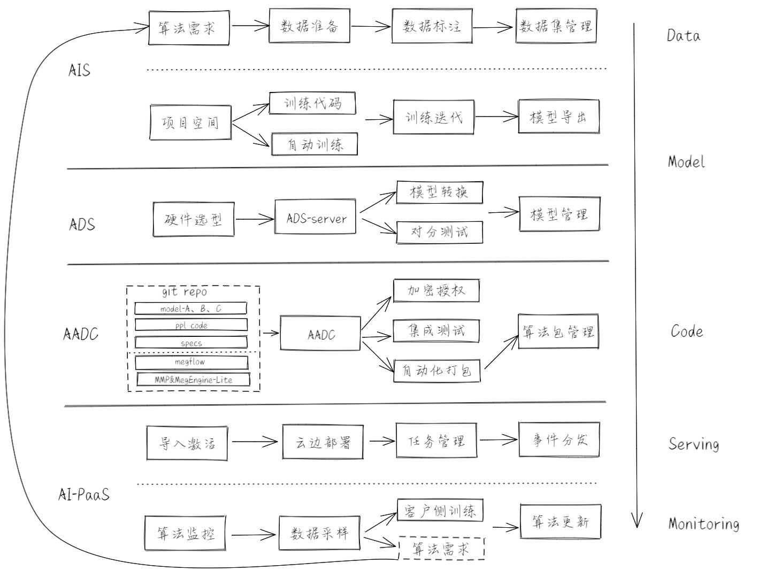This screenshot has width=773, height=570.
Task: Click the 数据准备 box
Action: [x=309, y=26]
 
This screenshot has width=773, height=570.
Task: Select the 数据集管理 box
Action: [x=556, y=26]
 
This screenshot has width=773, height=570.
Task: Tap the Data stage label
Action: [x=683, y=36]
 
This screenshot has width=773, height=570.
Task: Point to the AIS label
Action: [x=79, y=70]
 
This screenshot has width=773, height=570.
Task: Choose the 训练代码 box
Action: [x=312, y=103]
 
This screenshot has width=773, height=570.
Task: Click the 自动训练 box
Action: [x=315, y=144]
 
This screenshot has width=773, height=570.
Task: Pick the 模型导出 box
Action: [x=558, y=117]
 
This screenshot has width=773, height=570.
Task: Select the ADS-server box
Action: [x=316, y=218]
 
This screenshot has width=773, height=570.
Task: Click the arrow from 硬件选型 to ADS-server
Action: [x=254, y=219]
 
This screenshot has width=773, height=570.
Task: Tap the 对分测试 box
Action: [x=439, y=232]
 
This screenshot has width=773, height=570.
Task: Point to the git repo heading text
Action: [x=185, y=292]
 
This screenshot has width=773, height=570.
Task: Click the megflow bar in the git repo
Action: [x=191, y=363]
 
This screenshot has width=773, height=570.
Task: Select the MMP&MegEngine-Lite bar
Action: [x=193, y=380]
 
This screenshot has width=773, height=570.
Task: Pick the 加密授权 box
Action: [x=436, y=290]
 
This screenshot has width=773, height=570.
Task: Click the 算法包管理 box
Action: [x=558, y=332]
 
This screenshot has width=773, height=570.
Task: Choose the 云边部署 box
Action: [x=323, y=442]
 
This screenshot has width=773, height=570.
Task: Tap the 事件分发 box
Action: [x=559, y=440]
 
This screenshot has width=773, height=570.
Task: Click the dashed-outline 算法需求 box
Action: [x=441, y=549]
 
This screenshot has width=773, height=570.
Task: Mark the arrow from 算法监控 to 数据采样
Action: [x=255, y=534]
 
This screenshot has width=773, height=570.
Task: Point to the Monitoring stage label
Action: [x=703, y=523]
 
